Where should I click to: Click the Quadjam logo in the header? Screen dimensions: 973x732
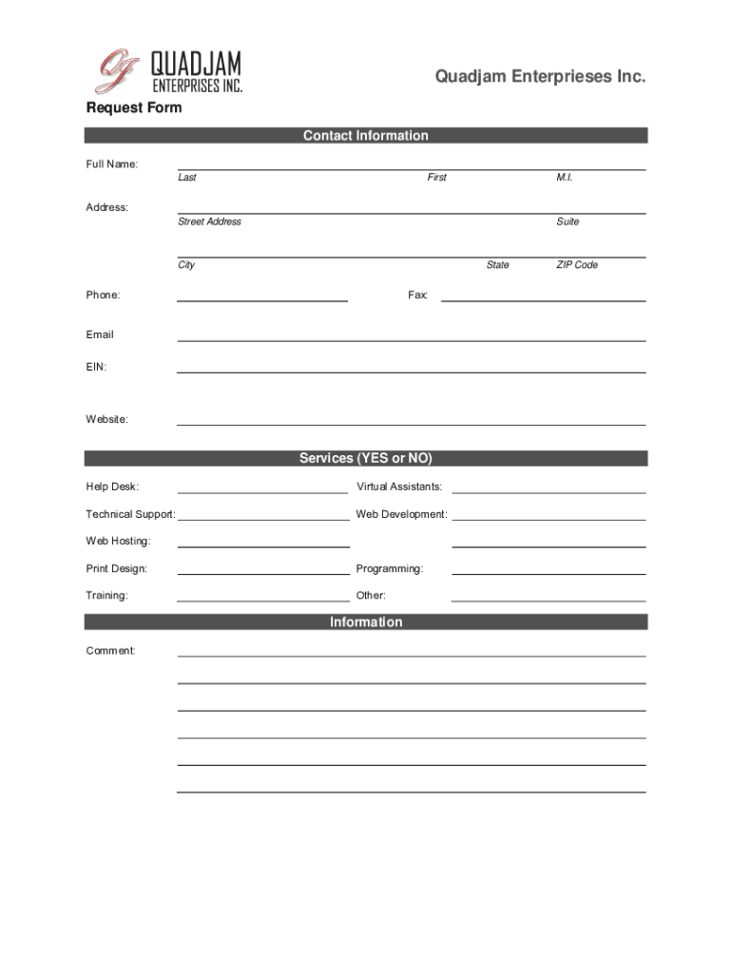coord(169,72)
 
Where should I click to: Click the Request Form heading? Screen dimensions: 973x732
coord(134,107)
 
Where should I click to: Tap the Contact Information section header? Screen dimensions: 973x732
coord(366,136)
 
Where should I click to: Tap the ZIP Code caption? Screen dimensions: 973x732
coord(577,265)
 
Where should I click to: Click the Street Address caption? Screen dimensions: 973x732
coord(209,221)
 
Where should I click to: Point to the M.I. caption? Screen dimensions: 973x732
coord(565,178)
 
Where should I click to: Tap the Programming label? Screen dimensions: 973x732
coord(390,569)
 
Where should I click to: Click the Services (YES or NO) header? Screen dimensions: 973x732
coord(366,458)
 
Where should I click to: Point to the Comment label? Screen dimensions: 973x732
coord(110,651)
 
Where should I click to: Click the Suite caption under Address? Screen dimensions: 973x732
coord(568,221)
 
